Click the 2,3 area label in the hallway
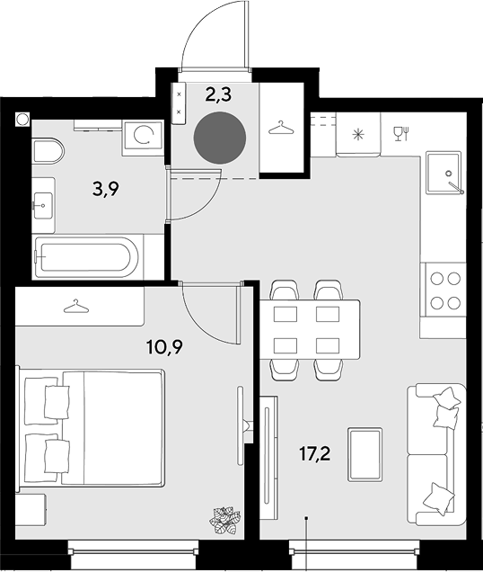[x=218, y=95]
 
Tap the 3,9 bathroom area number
[x=106, y=190]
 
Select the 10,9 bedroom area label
[x=164, y=347]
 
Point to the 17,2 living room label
[x=314, y=454]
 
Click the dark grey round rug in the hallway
[x=220, y=138]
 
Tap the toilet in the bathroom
[x=48, y=151]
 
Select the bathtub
[x=86, y=257]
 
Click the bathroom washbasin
[x=43, y=206]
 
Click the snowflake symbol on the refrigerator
[x=358, y=135]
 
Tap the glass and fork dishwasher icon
[x=401, y=133]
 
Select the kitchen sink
[x=443, y=173]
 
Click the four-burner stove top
[x=443, y=290]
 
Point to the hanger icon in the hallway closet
[x=281, y=128]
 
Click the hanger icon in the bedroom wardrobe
[x=76, y=307]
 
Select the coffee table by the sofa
[x=365, y=454]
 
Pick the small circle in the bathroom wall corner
[x=22, y=119]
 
